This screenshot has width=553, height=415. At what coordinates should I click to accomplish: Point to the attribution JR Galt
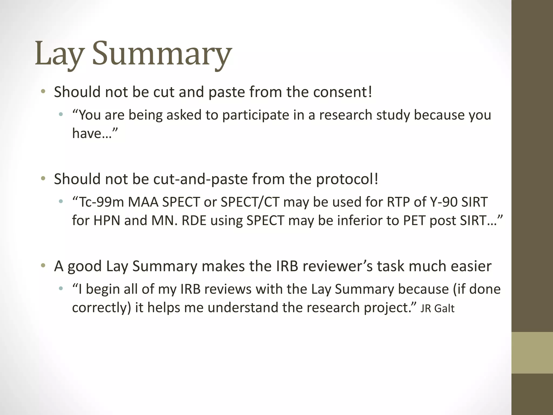437,309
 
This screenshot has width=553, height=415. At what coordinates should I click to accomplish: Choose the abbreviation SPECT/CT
250,202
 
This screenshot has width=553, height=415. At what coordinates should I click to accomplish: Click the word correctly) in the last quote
102,307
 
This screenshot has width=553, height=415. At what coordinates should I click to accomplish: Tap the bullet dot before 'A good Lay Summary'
43,266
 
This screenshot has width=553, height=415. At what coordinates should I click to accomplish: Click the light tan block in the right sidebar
532,352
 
